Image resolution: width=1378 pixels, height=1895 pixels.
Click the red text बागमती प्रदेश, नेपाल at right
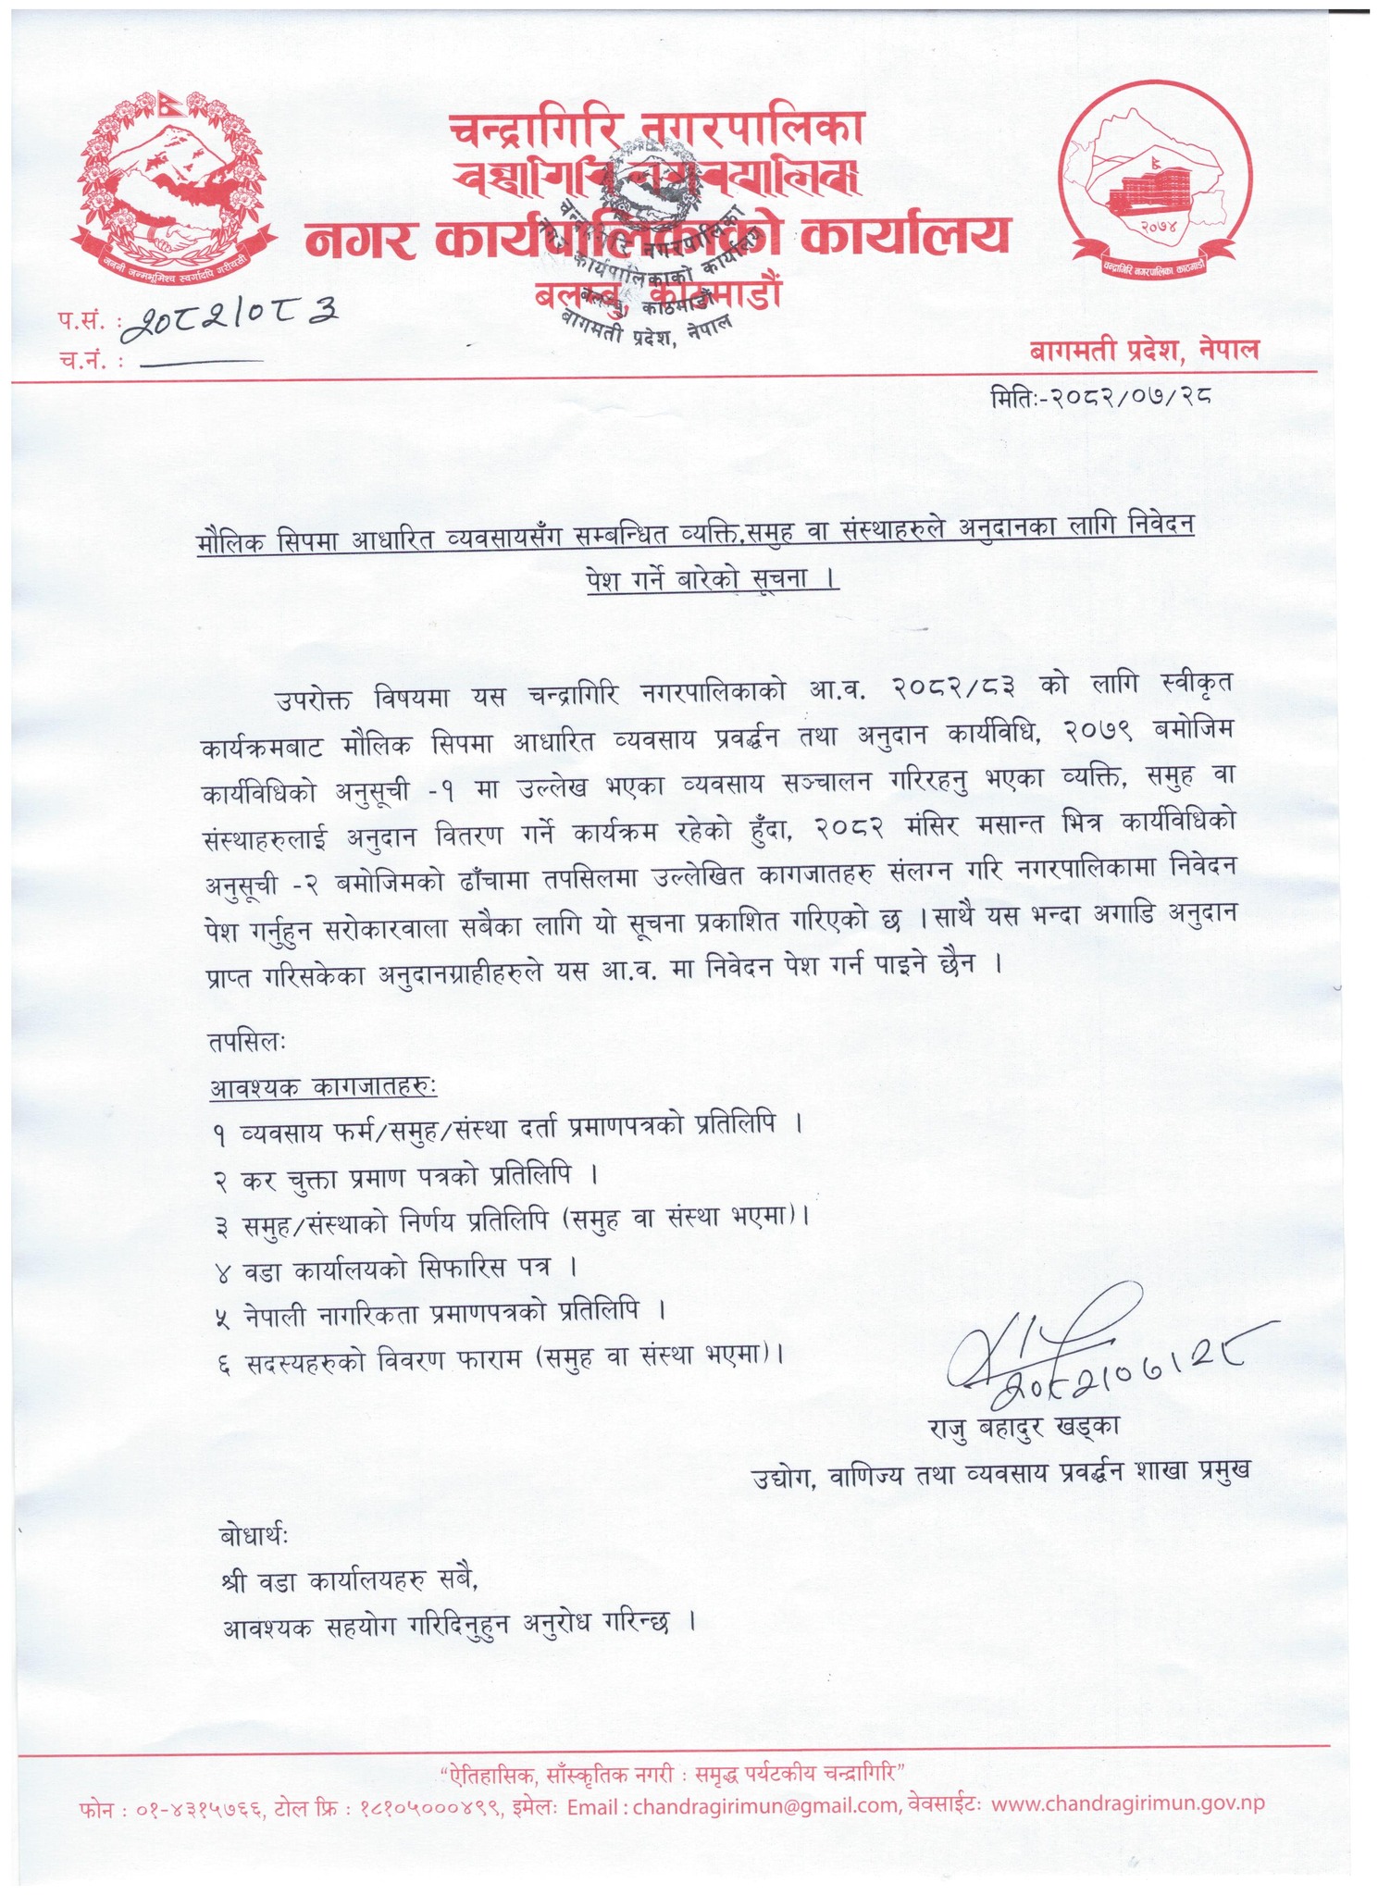[1145, 351]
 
